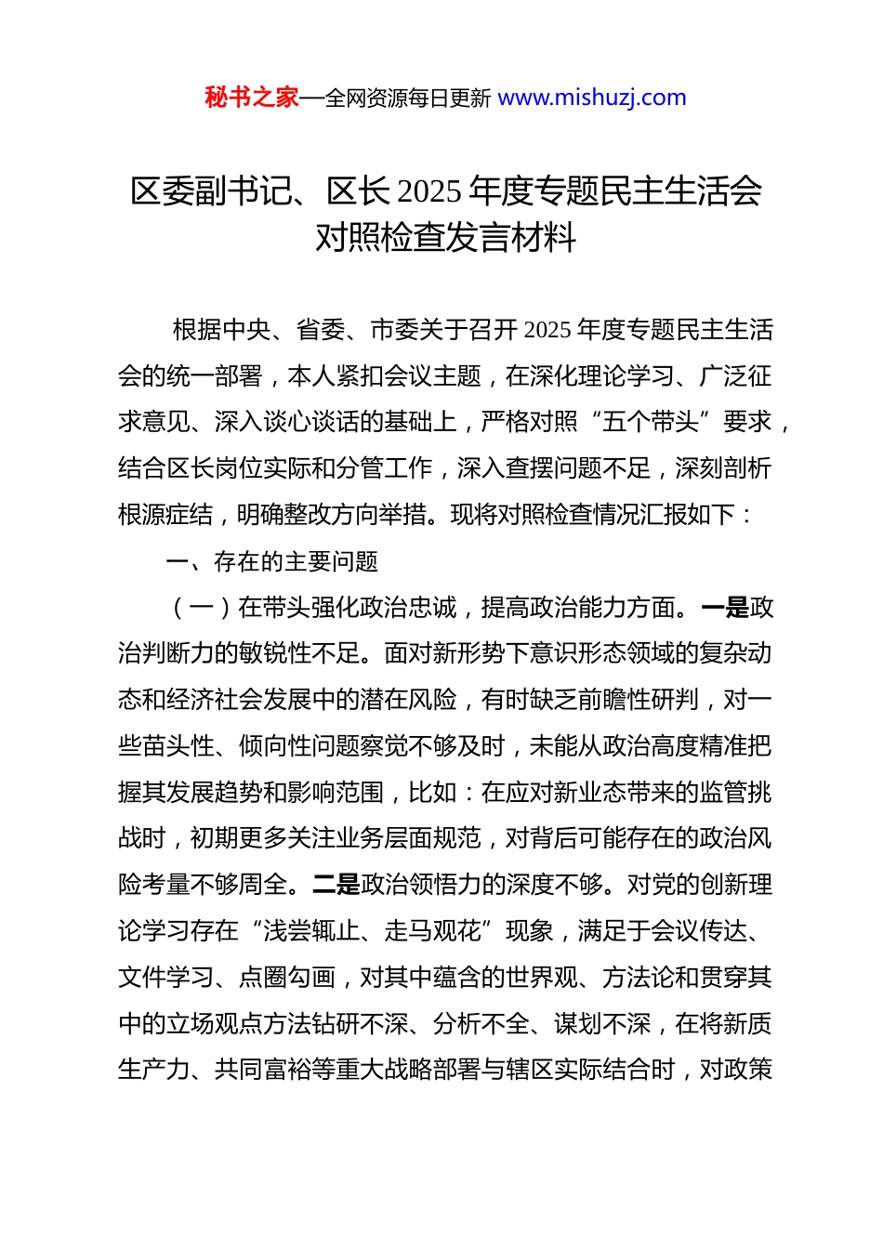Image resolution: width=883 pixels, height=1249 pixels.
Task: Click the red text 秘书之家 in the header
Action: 252,98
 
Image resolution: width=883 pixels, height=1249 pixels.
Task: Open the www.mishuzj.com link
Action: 592,98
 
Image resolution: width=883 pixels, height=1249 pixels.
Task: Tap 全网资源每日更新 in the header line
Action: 408,99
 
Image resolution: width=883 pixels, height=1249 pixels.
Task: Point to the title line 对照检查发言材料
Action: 446,238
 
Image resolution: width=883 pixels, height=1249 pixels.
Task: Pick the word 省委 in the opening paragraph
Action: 320,330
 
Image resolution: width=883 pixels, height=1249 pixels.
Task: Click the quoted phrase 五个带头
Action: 651,422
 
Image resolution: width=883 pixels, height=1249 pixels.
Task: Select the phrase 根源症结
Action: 166,514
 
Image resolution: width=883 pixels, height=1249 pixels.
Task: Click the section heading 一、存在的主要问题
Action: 271,561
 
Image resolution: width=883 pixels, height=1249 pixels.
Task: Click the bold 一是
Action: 725,608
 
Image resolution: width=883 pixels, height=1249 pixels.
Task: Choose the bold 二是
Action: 336,885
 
